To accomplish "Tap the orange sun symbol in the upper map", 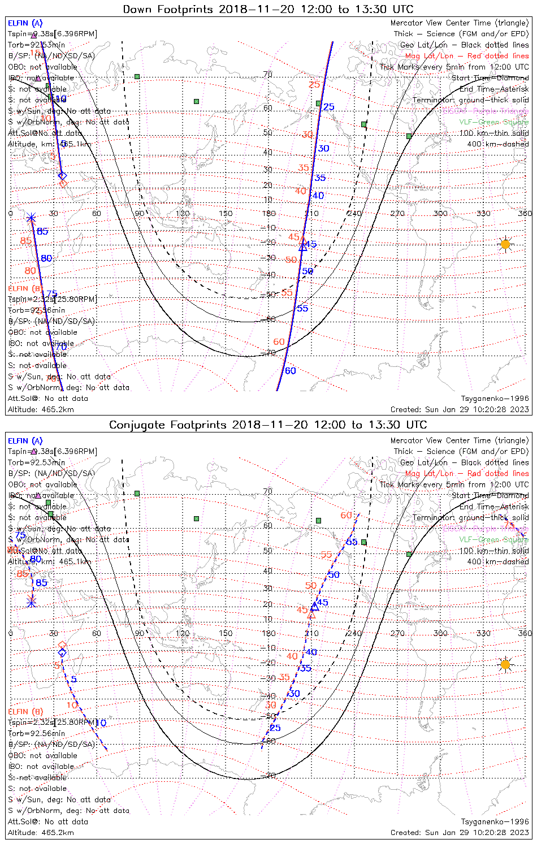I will click(505, 244).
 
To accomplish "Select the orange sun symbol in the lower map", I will click(505, 664).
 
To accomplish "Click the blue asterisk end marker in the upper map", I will click(31, 218).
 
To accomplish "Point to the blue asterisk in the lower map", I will click(32, 603).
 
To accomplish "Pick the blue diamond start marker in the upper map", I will click(62, 176).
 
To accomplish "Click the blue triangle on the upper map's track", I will click(303, 246).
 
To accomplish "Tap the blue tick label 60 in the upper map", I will click(290, 371).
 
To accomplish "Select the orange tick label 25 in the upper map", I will click(314, 85).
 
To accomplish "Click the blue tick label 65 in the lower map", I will click(352, 542).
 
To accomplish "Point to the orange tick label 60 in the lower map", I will click(346, 516).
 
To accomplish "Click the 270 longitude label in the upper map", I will click(397, 213).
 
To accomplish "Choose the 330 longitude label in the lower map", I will click(484, 633).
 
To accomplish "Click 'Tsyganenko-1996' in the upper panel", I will click(495, 399).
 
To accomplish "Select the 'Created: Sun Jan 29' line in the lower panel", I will click(460, 833).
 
